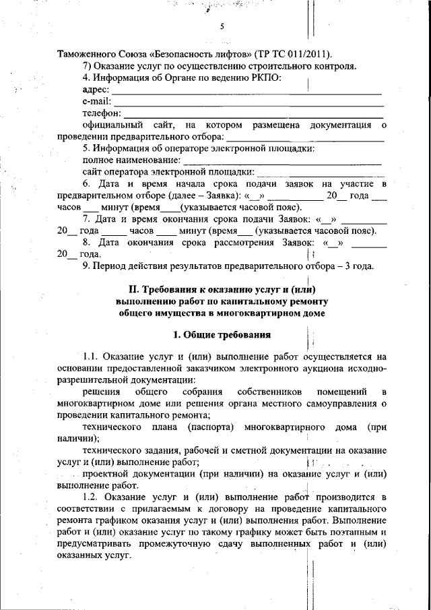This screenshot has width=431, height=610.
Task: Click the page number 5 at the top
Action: click(x=221, y=27)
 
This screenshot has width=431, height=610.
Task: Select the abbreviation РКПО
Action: click(x=264, y=78)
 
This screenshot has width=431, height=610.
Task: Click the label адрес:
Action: click(x=96, y=90)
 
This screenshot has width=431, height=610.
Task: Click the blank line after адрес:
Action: click(x=246, y=92)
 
